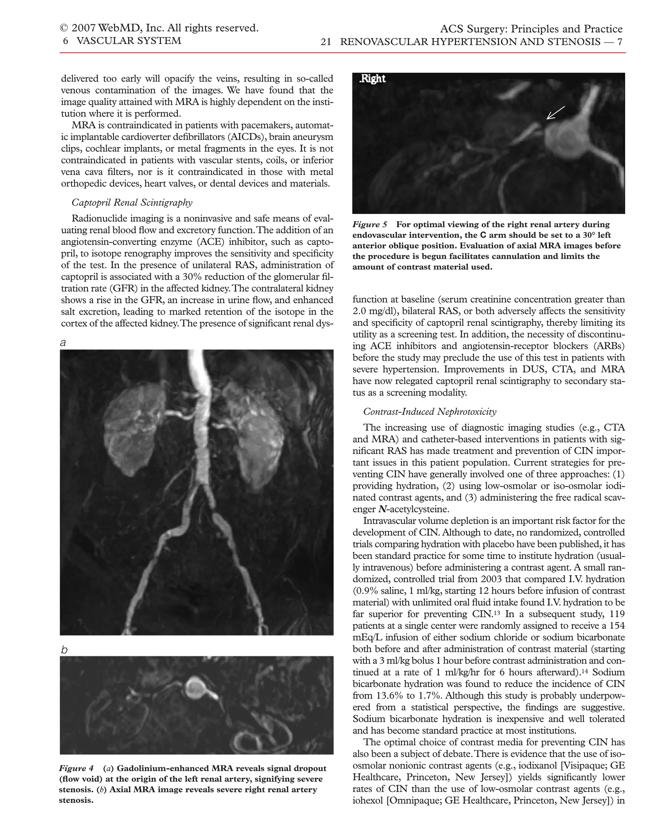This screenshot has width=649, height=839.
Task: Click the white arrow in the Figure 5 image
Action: pyautogui.click(x=555, y=113)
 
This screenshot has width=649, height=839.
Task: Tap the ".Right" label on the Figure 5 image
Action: pyautogui.click(x=372, y=79)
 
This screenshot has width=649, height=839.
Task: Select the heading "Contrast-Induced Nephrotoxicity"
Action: pyautogui.click(x=429, y=412)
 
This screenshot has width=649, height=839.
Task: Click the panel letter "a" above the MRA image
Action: pyautogui.click(x=63, y=342)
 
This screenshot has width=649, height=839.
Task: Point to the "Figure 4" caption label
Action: pyautogui.click(x=76, y=768)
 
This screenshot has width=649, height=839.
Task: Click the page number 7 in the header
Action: pyautogui.click(x=620, y=42)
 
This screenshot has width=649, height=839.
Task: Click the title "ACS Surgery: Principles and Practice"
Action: pyautogui.click(x=531, y=29)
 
